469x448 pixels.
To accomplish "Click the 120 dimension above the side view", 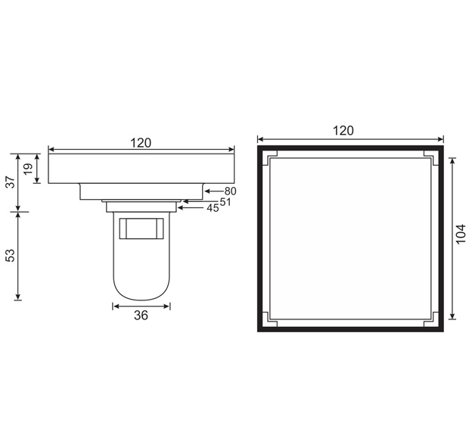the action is click(x=141, y=143).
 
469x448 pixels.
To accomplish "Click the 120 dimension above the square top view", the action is click(x=343, y=130).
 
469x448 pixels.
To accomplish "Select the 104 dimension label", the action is click(x=461, y=234).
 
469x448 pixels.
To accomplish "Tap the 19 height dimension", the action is click(x=28, y=169).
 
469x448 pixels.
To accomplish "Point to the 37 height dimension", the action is click(x=11, y=182).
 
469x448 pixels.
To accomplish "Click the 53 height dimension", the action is click(x=10, y=255).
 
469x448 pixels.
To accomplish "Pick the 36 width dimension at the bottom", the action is click(x=141, y=315).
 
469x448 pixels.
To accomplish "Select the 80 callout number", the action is click(x=230, y=191).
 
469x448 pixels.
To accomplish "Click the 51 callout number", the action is click(x=225, y=202).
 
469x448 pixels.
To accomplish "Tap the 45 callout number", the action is click(x=213, y=208).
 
